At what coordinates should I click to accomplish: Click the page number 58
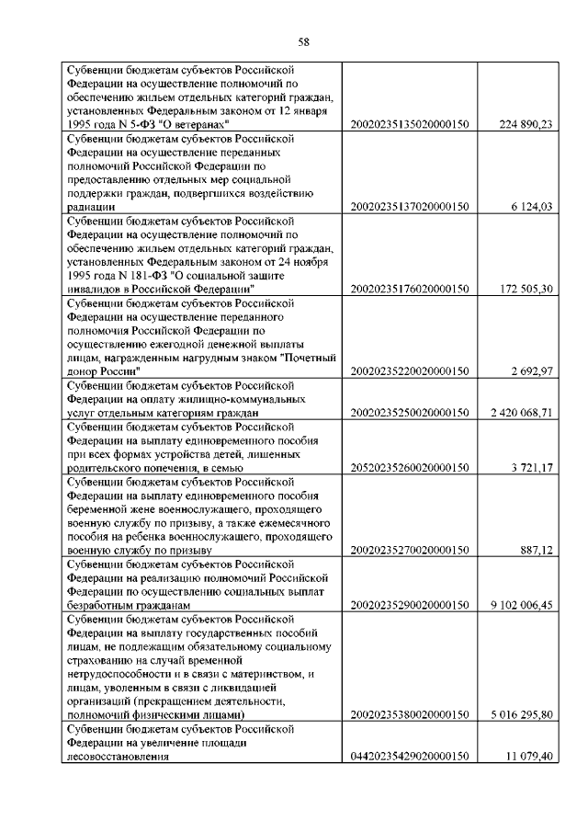(305, 40)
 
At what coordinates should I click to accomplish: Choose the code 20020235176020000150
(411, 289)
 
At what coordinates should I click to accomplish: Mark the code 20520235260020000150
(411, 468)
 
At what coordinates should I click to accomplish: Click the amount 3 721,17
(531, 468)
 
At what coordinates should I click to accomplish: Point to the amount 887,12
(535, 550)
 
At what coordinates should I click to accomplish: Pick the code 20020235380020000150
(411, 714)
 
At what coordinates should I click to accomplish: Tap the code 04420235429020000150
(411, 756)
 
